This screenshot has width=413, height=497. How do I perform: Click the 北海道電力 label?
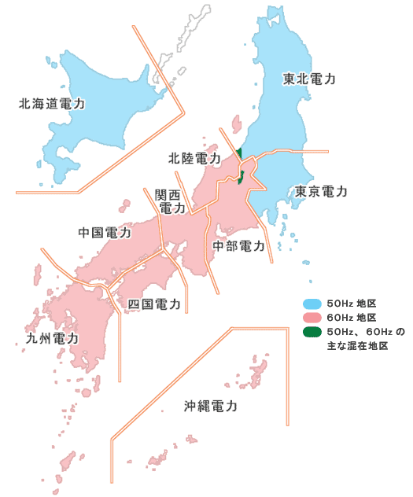tap(52, 103)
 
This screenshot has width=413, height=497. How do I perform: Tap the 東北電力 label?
tap(310, 79)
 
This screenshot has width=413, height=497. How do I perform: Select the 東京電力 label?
tap(321, 192)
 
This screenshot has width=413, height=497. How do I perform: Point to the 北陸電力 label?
tap(194, 158)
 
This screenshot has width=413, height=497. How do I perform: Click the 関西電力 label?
tap(171, 201)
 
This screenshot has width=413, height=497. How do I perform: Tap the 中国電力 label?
tap(105, 233)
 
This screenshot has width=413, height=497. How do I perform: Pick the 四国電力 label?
tap(154, 304)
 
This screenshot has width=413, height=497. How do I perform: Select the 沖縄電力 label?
tap(211, 407)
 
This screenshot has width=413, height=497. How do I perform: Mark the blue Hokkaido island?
tap(102, 94)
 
